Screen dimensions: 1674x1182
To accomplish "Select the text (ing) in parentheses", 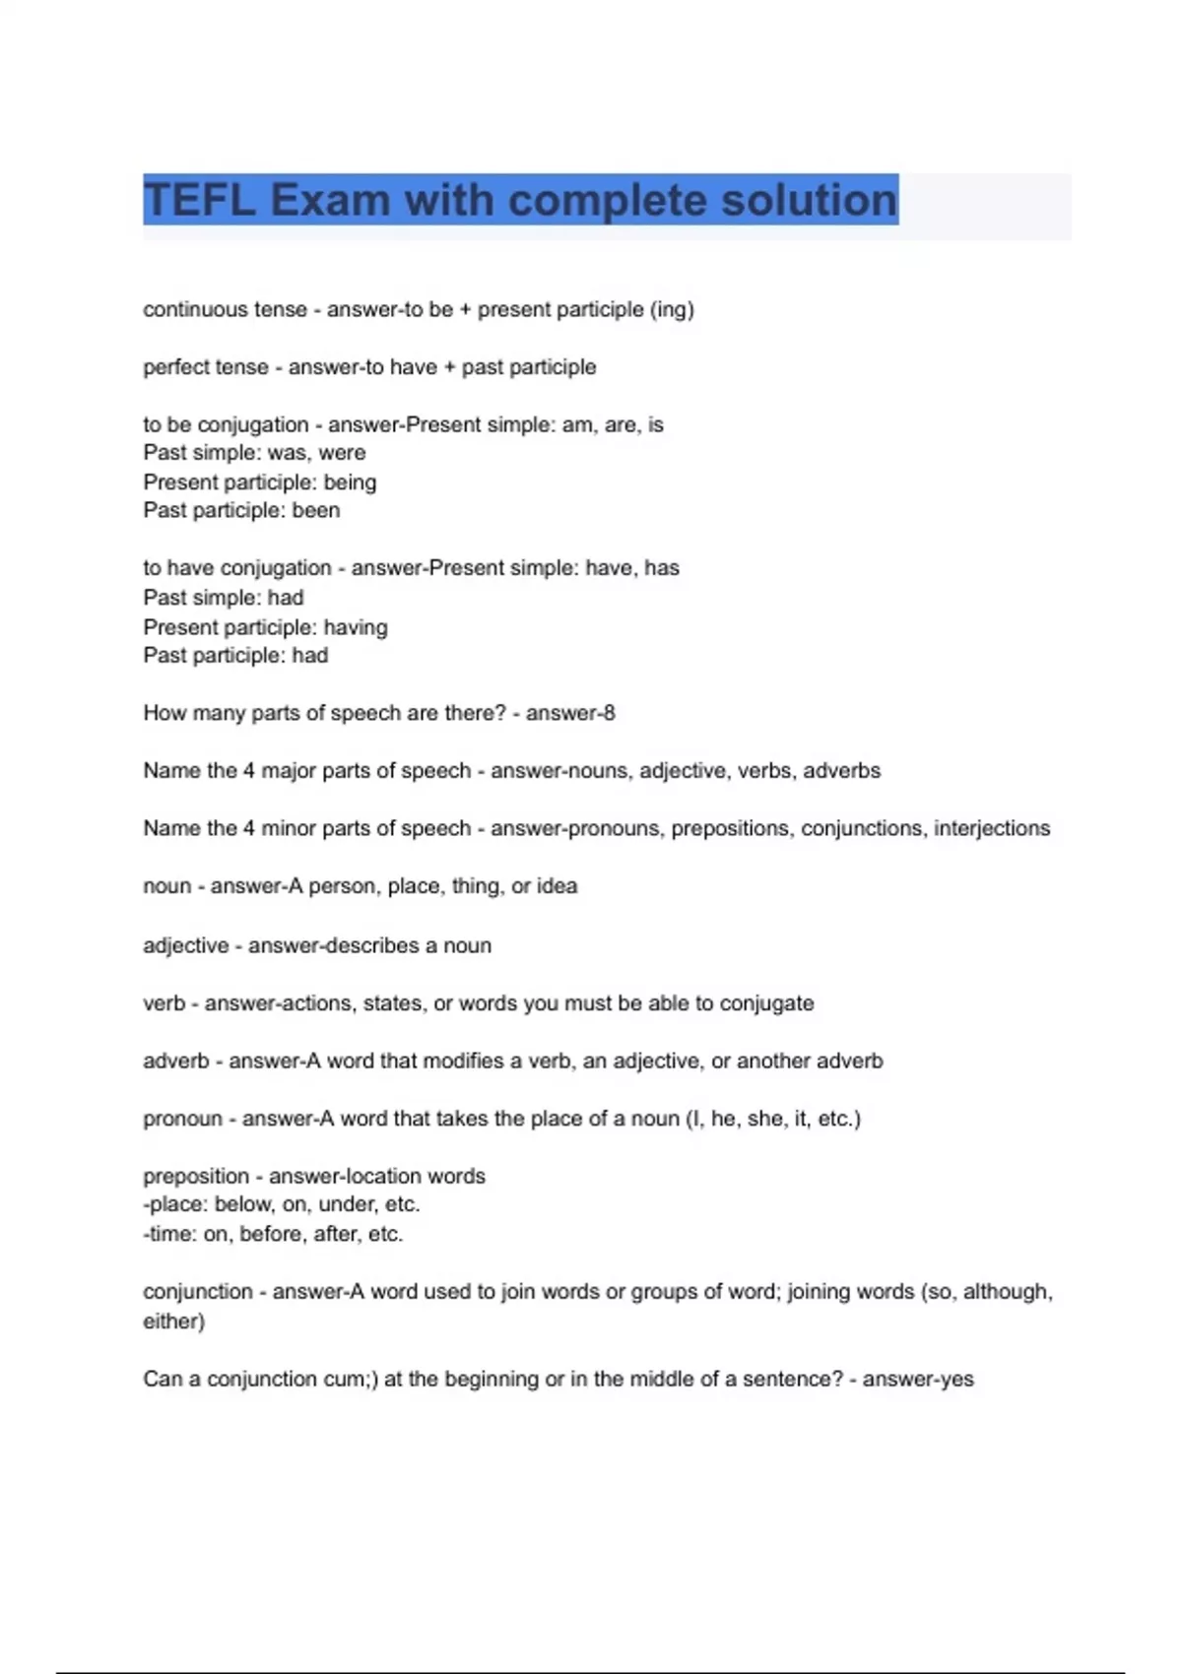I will click(x=672, y=309).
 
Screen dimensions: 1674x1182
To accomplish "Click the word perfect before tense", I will click(x=172, y=367).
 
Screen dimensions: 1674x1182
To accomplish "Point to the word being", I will click(x=350, y=483).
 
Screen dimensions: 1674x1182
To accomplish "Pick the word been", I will click(x=315, y=510).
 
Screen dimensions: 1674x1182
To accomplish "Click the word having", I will click(x=356, y=627).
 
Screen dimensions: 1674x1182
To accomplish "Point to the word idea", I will click(x=557, y=886).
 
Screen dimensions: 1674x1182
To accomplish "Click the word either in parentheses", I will click(x=171, y=1320).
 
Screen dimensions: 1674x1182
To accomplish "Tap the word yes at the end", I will click(x=955, y=1379).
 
